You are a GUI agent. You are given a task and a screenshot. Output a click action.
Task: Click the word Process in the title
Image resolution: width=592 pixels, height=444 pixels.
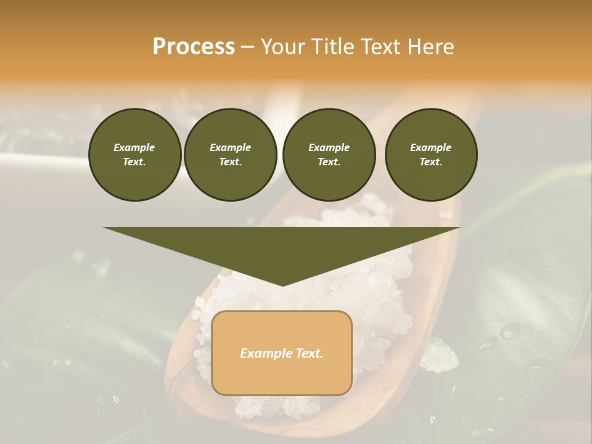[194, 47]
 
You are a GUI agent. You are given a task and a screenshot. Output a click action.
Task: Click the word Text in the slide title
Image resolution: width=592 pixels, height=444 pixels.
[382, 47]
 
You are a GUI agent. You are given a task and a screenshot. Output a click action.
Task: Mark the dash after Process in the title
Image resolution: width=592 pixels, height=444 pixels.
[247, 47]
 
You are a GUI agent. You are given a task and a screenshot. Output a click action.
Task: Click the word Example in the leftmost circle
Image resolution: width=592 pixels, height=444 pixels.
[134, 147]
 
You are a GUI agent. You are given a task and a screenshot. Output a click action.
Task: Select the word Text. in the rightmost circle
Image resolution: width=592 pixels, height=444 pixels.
[430, 162]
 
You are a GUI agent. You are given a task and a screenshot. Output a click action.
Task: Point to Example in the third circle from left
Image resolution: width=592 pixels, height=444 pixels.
[329, 147]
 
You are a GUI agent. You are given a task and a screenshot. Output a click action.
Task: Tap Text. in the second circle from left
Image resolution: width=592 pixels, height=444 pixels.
[230, 162]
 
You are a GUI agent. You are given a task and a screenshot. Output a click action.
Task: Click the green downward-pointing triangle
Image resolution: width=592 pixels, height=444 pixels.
[282, 247]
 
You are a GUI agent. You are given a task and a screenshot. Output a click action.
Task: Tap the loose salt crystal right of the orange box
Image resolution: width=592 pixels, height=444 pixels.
[439, 356]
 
